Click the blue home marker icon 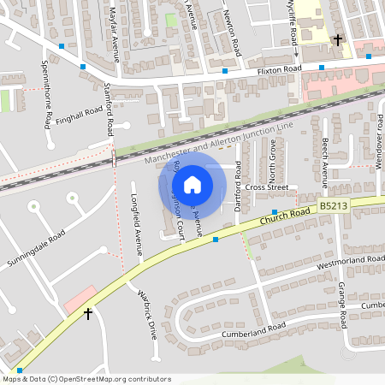tap(192, 184)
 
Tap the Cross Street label tap(265, 187)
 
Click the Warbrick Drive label tap(147, 311)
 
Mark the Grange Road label tap(341, 305)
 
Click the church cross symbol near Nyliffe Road tap(338, 39)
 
